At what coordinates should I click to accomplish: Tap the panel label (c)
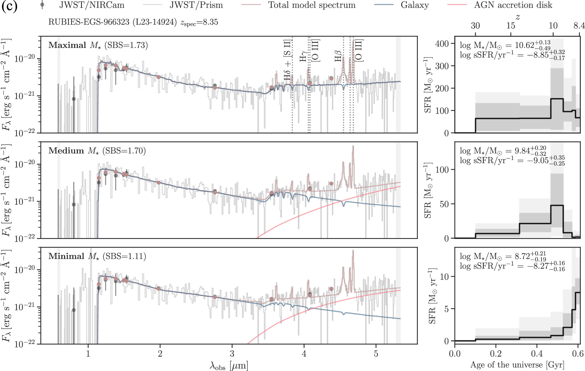tap(9, 6)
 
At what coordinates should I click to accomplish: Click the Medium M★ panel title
tap(97, 151)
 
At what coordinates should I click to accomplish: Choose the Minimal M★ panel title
tap(97, 256)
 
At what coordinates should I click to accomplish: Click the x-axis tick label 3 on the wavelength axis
tap(232, 354)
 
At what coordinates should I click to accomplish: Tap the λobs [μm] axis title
tap(229, 366)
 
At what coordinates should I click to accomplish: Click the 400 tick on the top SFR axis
tap(442, 44)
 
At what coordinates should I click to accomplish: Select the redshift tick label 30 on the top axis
tap(475, 26)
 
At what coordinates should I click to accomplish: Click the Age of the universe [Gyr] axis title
tap(517, 365)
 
